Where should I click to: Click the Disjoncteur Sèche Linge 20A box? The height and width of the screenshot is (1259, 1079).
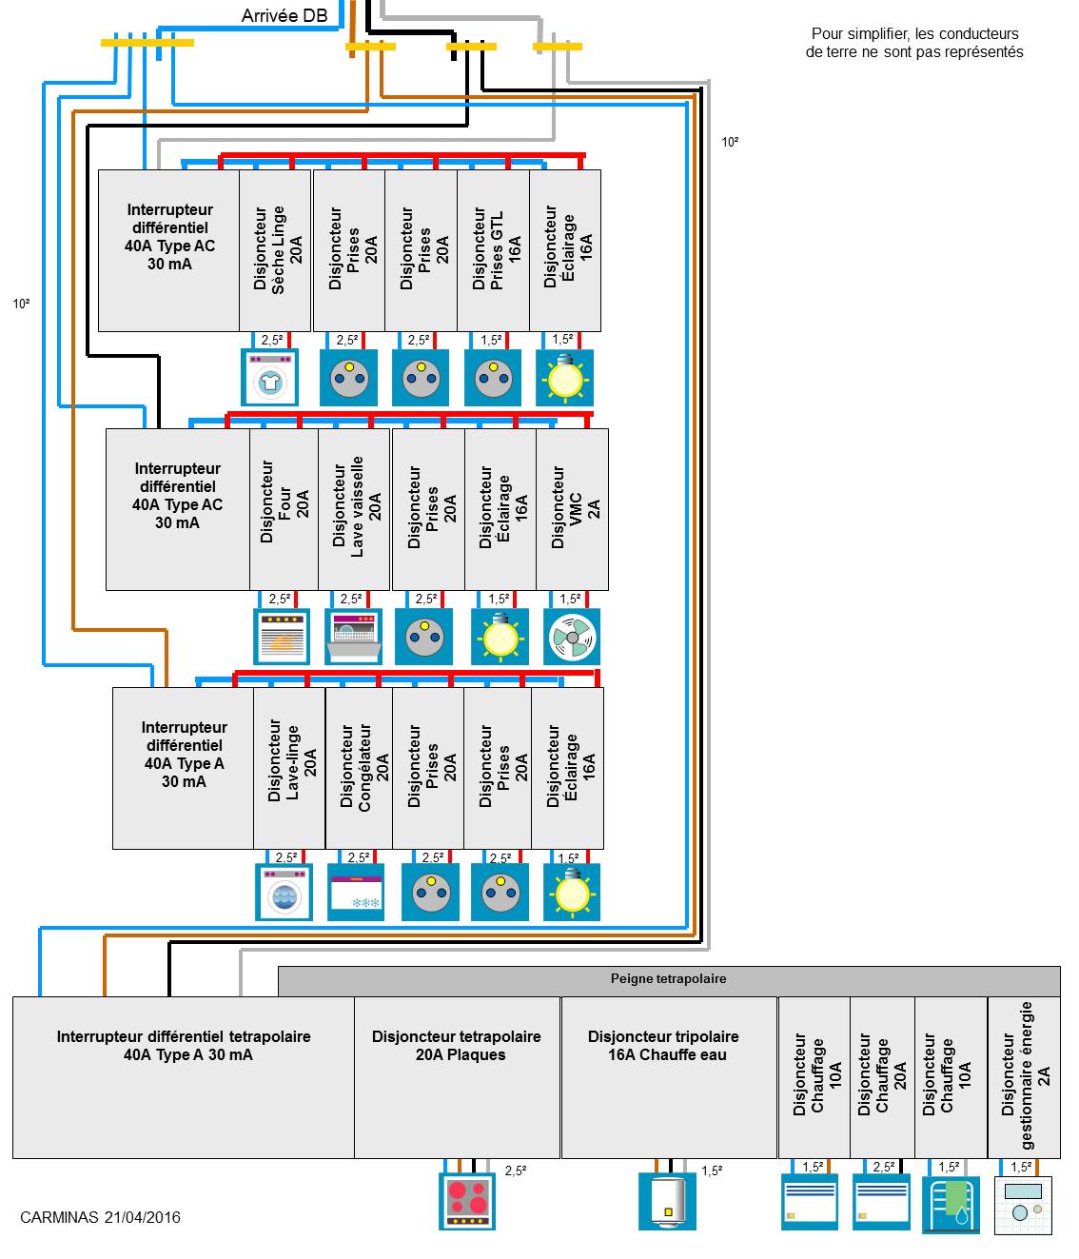tap(275, 250)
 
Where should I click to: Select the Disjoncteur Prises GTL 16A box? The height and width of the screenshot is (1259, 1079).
tap(493, 250)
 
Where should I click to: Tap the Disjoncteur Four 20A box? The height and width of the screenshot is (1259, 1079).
tap(284, 509)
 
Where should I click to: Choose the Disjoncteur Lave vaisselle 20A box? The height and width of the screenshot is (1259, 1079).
tap(354, 509)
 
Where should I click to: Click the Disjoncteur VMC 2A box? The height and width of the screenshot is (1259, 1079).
tap(572, 509)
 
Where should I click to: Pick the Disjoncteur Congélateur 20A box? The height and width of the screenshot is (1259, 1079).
tap(359, 768)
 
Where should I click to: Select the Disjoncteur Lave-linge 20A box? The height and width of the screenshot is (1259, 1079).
tap(289, 768)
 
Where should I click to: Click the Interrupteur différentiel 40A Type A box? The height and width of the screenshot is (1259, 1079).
tap(183, 768)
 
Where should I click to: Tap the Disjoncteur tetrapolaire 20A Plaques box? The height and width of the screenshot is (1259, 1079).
tap(457, 1077)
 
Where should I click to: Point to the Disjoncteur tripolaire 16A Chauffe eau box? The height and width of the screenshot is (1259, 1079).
tap(669, 1077)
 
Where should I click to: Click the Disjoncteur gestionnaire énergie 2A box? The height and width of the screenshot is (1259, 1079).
tap(1024, 1077)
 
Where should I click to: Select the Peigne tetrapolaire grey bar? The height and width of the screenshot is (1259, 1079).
tap(669, 980)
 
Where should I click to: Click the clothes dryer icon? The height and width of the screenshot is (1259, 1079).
tap(270, 377)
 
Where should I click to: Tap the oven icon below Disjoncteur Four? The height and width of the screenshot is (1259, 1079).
tap(283, 637)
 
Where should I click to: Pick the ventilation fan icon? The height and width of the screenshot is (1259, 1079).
tap(572, 637)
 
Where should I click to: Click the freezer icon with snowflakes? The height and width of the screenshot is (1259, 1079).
tap(356, 894)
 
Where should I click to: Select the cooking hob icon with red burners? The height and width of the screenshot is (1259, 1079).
tap(467, 1201)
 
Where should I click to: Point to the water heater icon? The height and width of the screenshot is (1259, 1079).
tap(667, 1202)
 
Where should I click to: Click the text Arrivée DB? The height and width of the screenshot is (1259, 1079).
tap(284, 16)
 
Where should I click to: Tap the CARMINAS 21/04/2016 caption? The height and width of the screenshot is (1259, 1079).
tap(100, 1217)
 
